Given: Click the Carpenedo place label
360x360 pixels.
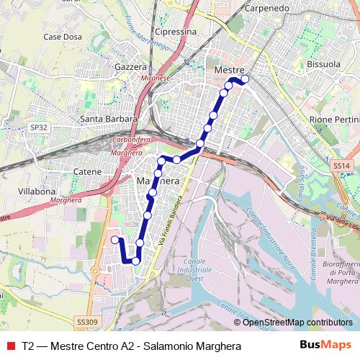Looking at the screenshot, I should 269,9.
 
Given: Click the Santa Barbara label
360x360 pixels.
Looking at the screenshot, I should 109,119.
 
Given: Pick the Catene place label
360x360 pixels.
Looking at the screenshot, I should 88,172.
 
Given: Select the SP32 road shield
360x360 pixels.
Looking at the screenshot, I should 39,127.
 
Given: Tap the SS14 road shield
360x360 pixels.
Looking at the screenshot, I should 341,166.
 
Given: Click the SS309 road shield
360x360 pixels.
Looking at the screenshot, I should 86,322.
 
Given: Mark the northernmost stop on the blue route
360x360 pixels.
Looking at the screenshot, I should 246,78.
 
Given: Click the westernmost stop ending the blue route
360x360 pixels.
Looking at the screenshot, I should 115,239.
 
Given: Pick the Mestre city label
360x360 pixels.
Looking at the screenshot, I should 230,67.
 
